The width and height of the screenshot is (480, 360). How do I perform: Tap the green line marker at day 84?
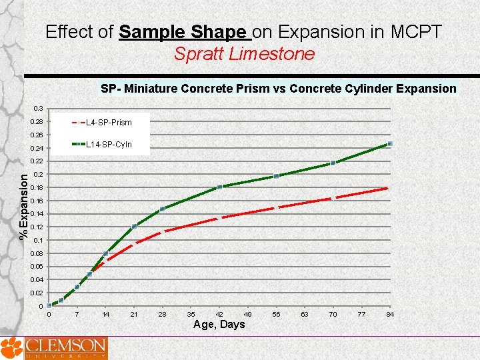point(390,144)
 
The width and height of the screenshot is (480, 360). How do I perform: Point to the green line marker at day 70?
point(333,163)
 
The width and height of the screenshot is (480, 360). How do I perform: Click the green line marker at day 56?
point(276,176)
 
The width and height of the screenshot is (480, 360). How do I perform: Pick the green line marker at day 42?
point(219,187)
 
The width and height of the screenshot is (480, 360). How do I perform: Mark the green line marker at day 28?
point(162,209)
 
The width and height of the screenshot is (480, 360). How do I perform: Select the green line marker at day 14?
point(105,253)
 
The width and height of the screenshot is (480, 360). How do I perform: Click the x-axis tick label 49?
point(248,314)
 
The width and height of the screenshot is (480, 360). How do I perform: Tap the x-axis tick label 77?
point(361,314)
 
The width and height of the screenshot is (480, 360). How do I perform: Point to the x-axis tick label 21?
point(134,314)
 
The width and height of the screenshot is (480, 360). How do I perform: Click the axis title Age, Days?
point(219,325)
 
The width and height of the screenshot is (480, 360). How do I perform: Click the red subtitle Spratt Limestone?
point(244,54)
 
